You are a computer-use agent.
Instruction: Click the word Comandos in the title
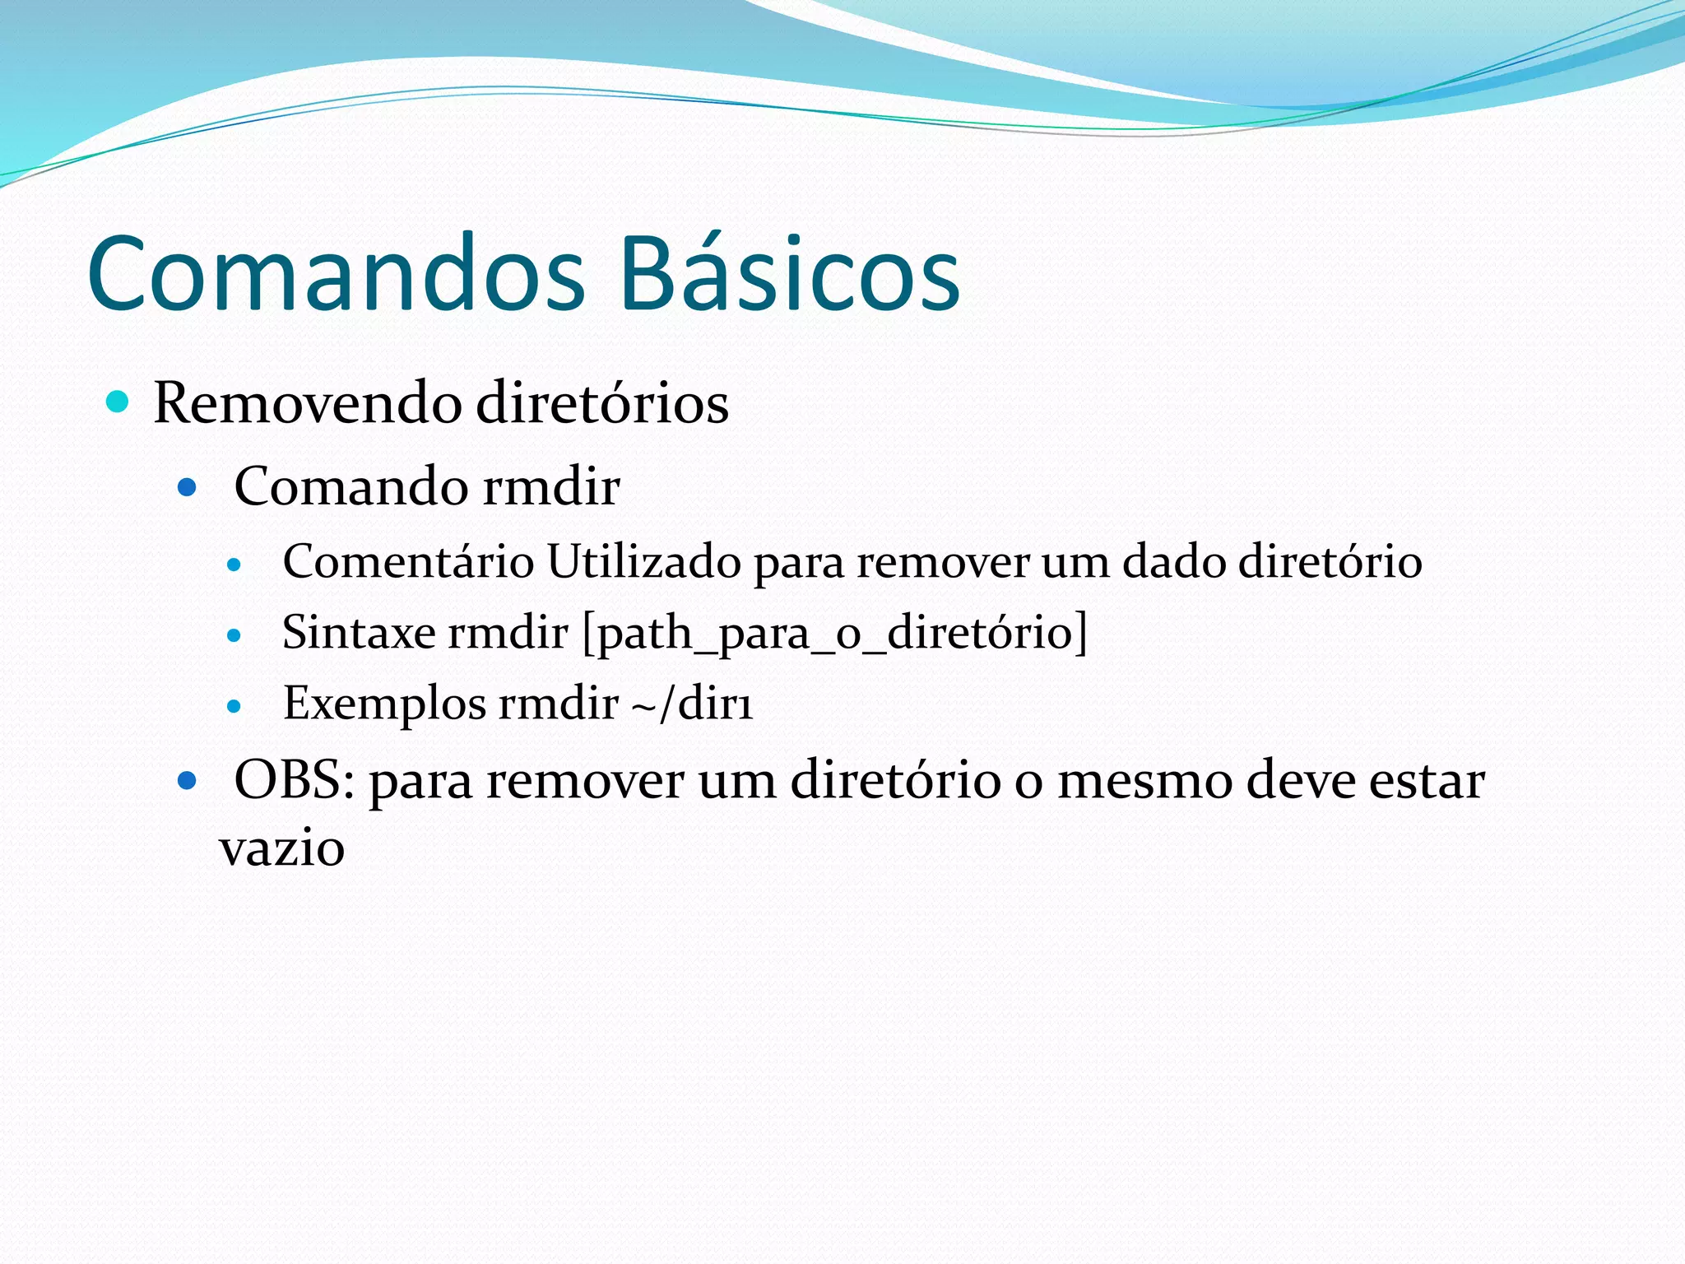click(336, 273)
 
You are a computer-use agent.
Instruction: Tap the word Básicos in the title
click(790, 273)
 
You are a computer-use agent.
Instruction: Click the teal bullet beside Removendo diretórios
click(118, 402)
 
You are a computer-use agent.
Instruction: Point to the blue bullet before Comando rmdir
click(188, 488)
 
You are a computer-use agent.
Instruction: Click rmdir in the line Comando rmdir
click(550, 486)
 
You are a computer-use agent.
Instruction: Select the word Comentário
click(408, 562)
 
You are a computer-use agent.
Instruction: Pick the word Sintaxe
click(359, 633)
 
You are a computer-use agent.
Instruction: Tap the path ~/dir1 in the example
click(692, 704)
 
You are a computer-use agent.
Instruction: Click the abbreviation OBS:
click(295, 780)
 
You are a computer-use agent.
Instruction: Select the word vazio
click(281, 848)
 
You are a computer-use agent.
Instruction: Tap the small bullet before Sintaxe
click(234, 635)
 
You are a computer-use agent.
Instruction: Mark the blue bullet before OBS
click(188, 779)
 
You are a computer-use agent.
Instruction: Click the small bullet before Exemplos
click(234, 706)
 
